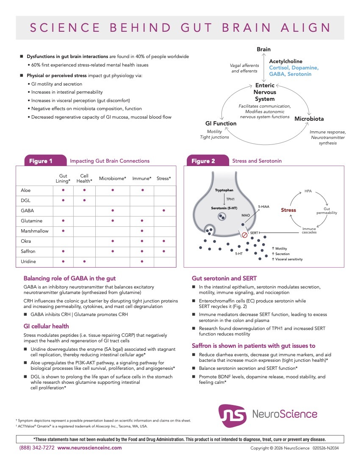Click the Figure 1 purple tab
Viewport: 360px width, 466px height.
[41, 161]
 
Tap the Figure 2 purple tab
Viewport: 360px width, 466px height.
[203, 161]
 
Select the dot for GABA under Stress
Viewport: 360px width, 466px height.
[163, 211]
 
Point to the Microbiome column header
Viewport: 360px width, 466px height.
[113, 179]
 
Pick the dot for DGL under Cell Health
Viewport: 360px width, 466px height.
[84, 200]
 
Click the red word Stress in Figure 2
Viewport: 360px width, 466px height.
[288, 210]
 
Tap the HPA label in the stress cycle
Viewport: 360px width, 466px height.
[308, 191]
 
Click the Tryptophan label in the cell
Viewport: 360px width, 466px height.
[224, 190]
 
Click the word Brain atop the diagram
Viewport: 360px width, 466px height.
[263, 50]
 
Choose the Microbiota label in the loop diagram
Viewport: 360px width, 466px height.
[309, 119]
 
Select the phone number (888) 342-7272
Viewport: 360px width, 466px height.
[37, 448]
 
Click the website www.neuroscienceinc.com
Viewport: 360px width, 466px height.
[89, 448]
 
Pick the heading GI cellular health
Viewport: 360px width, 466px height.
[46, 326]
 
